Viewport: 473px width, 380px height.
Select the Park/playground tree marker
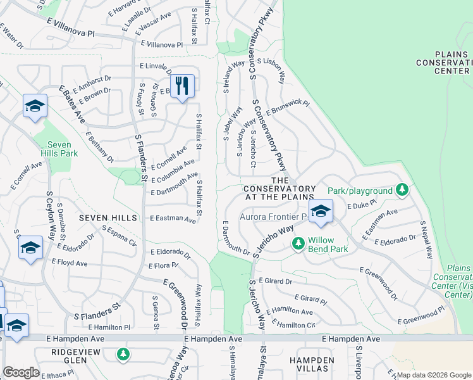coord(401,189)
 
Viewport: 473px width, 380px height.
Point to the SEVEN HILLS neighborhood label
coord(107,217)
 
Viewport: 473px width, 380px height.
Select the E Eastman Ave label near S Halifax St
coord(173,218)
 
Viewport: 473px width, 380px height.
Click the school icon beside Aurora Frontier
coord(321,212)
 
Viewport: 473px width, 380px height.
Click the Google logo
coord(21,372)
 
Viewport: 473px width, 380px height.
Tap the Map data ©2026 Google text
coord(434,375)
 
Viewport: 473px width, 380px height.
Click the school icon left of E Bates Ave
coord(35,106)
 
